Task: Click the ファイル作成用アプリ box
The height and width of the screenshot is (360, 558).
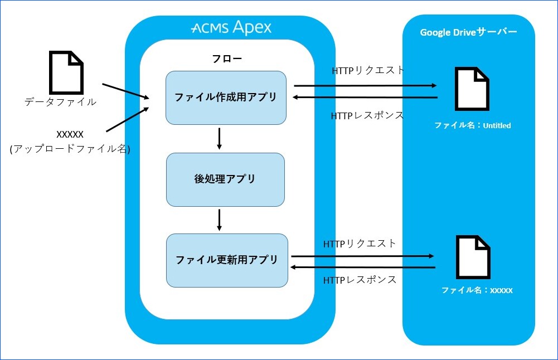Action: pyautogui.click(x=226, y=98)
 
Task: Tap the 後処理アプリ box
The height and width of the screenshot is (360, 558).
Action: pyautogui.click(x=225, y=179)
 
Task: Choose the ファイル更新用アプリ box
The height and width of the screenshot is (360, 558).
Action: pyautogui.click(x=227, y=260)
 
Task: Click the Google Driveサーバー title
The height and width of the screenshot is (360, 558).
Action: pyautogui.click(x=468, y=32)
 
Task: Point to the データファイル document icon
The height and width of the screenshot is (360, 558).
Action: pyautogui.click(x=67, y=72)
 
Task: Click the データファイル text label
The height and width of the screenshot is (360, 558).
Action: pyautogui.click(x=60, y=102)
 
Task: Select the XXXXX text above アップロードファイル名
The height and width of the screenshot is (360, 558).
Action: pyautogui.click(x=70, y=134)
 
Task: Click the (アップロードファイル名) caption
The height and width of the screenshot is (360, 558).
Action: pyautogui.click(x=70, y=149)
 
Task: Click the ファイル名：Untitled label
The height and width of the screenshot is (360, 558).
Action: pyautogui.click(x=472, y=125)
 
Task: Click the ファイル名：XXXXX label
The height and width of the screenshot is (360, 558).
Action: pyautogui.click(x=477, y=290)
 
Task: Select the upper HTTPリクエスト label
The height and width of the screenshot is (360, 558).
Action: pyautogui.click(x=368, y=71)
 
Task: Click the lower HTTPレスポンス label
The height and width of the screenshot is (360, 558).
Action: pyautogui.click(x=360, y=280)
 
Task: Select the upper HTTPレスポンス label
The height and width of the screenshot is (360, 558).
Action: pyautogui.click(x=367, y=116)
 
